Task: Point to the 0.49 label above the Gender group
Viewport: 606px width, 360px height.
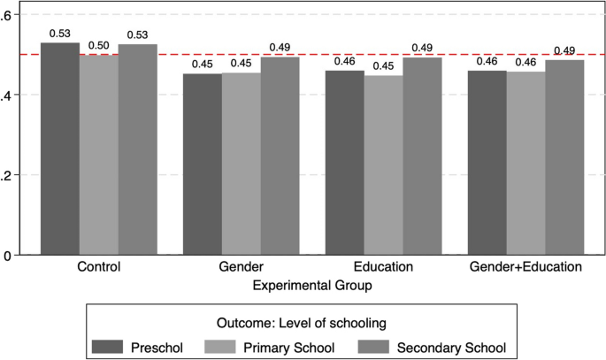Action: [x=280, y=48]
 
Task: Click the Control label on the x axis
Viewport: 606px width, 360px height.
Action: [x=99, y=266]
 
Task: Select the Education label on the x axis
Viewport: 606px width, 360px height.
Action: [x=384, y=266]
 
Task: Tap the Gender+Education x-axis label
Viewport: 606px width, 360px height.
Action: [x=525, y=266]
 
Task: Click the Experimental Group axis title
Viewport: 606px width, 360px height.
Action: [x=312, y=286]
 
